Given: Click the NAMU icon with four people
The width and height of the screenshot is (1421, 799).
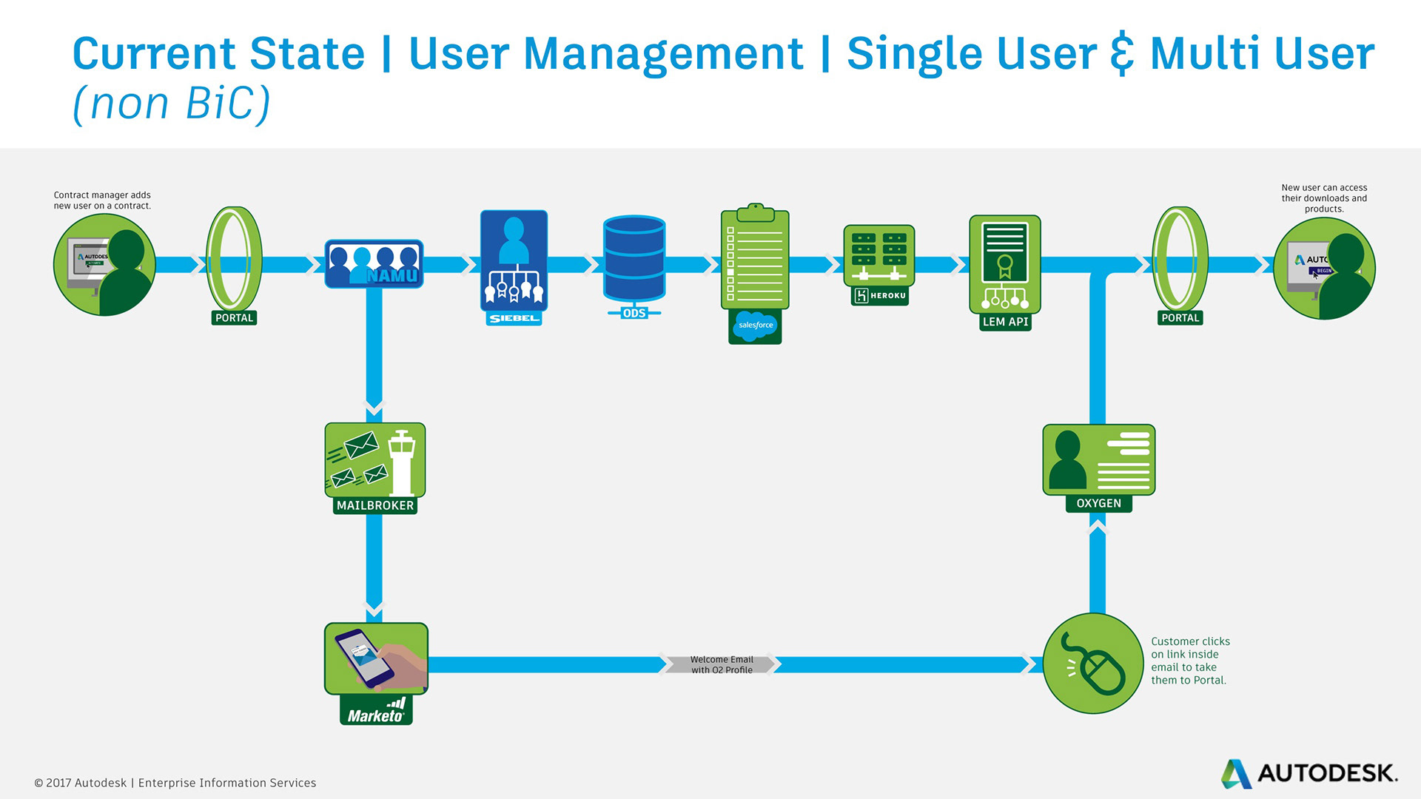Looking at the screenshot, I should (x=374, y=264).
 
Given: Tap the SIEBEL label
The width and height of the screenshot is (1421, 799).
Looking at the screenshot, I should (x=514, y=318).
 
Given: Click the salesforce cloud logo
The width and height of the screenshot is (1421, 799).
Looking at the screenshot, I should (x=755, y=326).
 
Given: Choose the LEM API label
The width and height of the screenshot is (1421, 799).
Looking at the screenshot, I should (x=1005, y=322).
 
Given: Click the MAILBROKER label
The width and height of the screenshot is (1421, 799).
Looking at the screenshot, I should (x=375, y=505).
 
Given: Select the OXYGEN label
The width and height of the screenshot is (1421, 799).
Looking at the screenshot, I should (x=1098, y=503).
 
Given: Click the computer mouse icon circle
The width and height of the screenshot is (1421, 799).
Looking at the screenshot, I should (x=1093, y=664).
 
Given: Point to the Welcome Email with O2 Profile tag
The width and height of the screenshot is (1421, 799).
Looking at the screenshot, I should (x=721, y=664).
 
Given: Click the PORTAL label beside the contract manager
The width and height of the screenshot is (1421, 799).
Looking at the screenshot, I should (x=234, y=318).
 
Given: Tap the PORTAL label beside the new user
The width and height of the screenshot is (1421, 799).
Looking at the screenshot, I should (x=1180, y=318).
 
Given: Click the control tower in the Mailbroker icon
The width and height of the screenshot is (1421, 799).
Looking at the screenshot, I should (x=402, y=462).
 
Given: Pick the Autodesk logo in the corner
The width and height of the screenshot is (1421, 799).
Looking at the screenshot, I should (x=1309, y=773).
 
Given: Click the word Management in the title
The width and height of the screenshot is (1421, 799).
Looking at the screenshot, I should (x=662, y=53).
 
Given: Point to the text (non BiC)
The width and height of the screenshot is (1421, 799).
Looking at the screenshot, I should (x=172, y=104).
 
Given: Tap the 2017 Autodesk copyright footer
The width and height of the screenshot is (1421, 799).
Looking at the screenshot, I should (x=175, y=783).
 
